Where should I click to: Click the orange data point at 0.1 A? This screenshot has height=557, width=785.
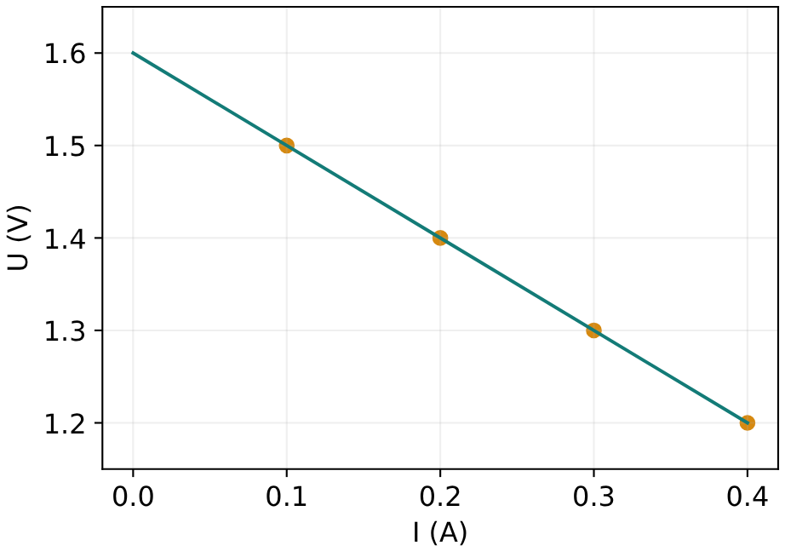click(x=286, y=146)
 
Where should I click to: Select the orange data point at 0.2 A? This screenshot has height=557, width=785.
click(x=439, y=238)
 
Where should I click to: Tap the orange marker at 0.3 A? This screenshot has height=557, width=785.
click(x=593, y=330)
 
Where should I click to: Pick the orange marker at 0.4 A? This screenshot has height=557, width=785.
click(x=747, y=422)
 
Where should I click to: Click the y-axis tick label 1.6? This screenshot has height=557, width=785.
click(x=65, y=54)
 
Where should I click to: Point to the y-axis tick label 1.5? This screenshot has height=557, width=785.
click(x=65, y=146)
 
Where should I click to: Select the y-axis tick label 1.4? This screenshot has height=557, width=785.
click(x=65, y=238)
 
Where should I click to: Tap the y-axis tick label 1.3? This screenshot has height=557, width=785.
click(x=65, y=331)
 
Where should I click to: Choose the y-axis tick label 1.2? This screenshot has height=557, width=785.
click(x=65, y=423)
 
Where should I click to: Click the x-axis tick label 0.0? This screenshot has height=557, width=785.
click(x=133, y=497)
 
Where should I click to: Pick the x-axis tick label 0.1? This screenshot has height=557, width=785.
click(x=286, y=497)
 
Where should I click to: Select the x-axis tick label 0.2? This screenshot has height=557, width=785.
click(x=439, y=497)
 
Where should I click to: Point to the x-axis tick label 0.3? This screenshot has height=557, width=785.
click(x=593, y=497)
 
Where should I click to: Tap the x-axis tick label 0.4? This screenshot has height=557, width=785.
click(x=747, y=497)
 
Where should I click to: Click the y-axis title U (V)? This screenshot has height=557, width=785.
click(x=19, y=238)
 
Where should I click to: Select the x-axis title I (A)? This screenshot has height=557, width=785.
click(x=440, y=532)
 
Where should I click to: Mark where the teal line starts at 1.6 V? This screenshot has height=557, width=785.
click(x=133, y=52)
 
